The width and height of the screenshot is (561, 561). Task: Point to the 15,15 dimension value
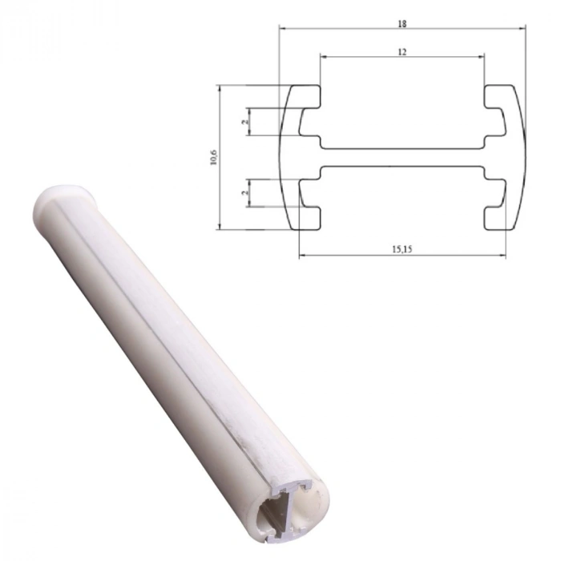402,249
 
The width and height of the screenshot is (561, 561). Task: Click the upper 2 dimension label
244,122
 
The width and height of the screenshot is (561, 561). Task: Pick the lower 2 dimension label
244,192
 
